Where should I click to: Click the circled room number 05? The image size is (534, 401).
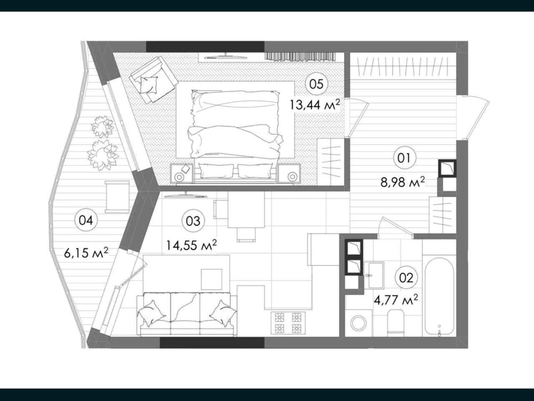click(317, 84)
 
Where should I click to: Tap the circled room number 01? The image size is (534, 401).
click(405, 158)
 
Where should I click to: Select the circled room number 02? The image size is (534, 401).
click(406, 277)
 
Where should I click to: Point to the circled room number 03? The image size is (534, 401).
click(193, 221)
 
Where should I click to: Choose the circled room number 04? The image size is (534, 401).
click(86, 220)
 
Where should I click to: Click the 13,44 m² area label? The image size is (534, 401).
click(314, 105)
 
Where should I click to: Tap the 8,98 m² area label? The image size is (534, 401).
click(403, 182)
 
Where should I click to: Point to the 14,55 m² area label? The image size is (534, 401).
click(191, 245)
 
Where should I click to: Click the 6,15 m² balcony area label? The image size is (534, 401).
click(86, 253)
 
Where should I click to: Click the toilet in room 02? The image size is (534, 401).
click(395, 321)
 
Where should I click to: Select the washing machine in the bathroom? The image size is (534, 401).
click(359, 323)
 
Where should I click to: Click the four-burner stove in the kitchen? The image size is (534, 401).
click(288, 323)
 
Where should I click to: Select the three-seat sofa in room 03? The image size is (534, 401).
click(187, 314)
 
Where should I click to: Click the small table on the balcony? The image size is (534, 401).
click(117, 197)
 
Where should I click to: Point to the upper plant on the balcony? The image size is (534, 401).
click(103, 126)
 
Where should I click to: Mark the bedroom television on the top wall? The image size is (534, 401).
click(226, 56)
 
